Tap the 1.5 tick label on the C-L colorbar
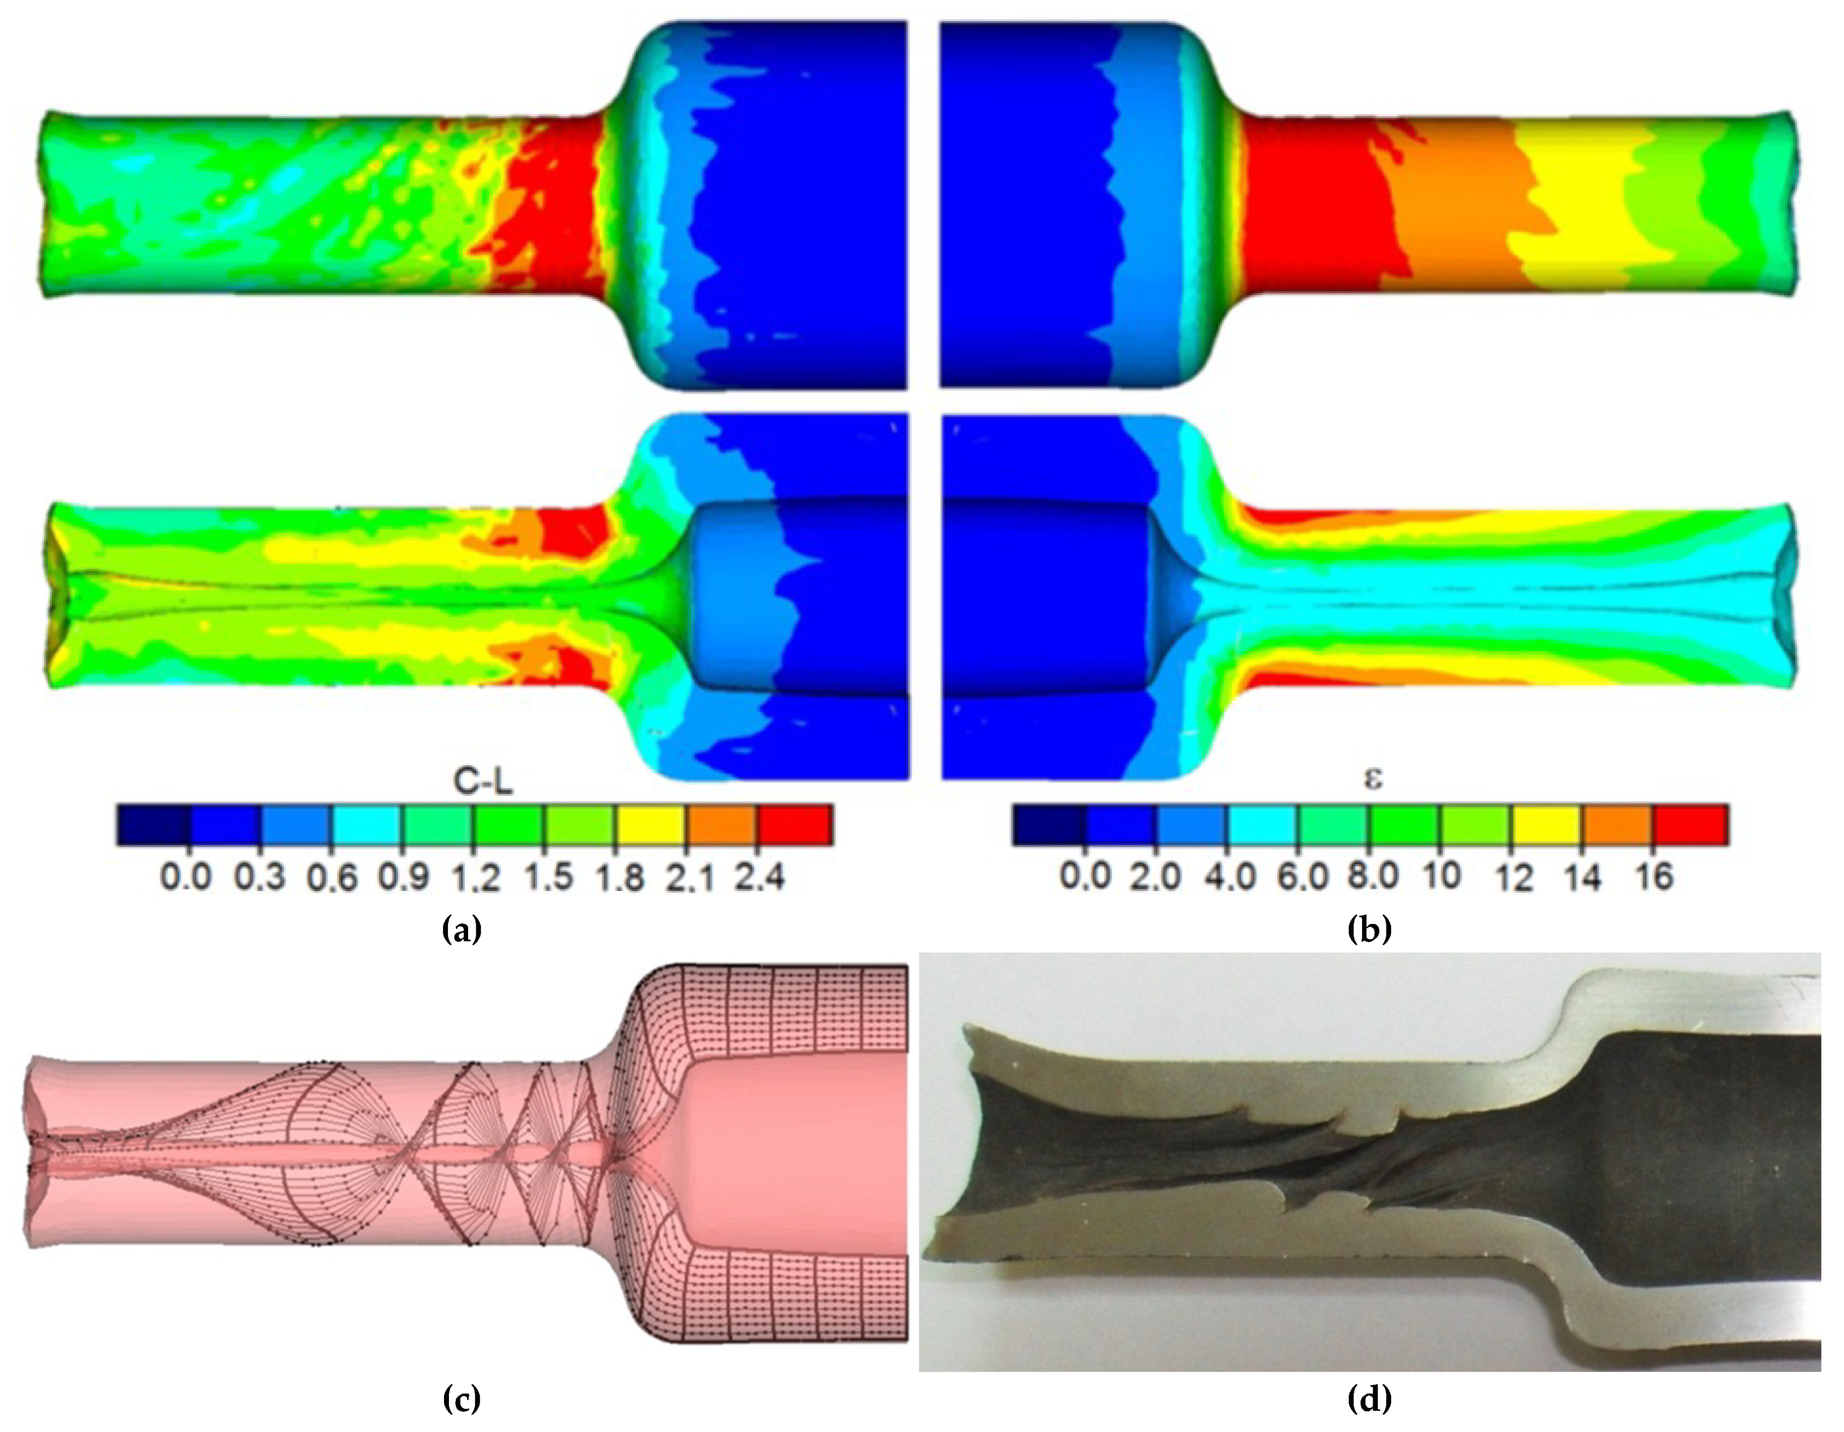(x=546, y=879)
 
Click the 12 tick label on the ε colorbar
(x=1515, y=879)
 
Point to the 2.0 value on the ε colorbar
(x=1157, y=879)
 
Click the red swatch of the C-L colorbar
(x=796, y=825)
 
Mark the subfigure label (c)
(x=462, y=1400)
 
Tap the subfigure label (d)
(x=1369, y=1400)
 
